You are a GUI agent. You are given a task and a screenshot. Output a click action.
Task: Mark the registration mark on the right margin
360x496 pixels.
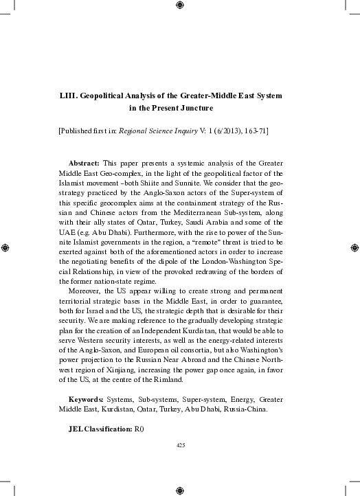click(355, 247)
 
